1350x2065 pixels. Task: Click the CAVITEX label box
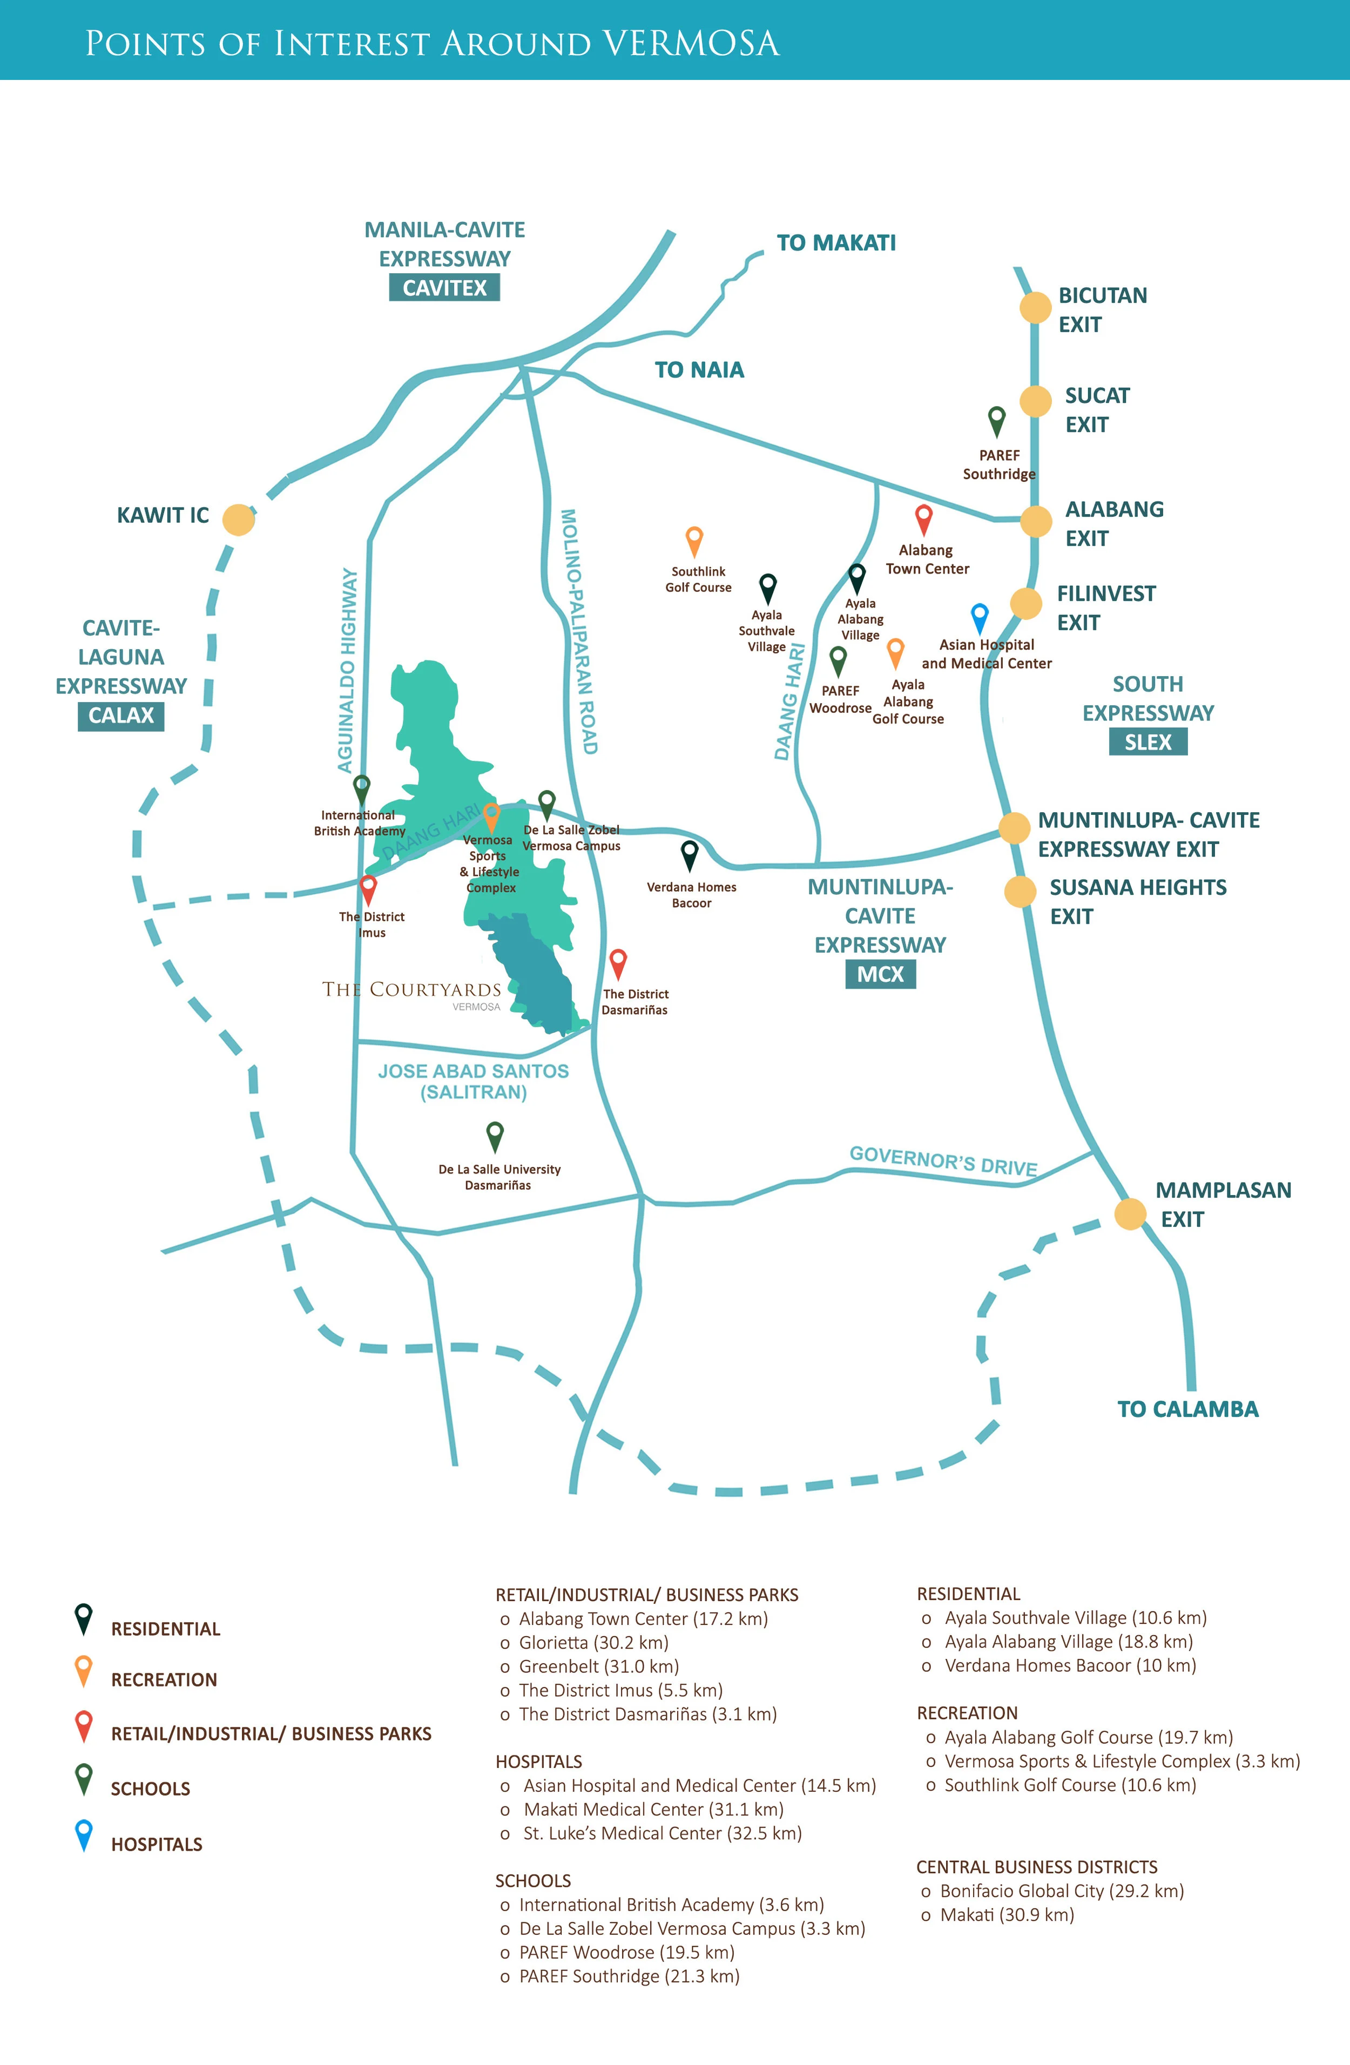444,288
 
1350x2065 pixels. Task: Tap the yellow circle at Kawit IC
239,519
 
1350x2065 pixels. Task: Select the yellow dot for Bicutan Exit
1035,307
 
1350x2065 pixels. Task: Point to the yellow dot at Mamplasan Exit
1130,1214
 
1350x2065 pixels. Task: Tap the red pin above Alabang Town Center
924,519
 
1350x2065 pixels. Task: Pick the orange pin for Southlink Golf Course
694,539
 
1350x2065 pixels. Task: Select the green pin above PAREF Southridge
997,420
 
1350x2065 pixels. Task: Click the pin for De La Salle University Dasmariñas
495,1135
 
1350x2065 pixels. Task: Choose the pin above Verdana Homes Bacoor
689,855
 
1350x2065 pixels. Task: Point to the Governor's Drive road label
943,1160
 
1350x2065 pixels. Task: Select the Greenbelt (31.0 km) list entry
599,1667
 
